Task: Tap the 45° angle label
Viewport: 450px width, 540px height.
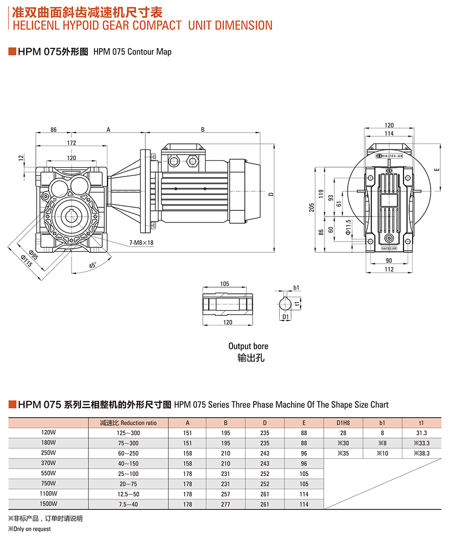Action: point(93,266)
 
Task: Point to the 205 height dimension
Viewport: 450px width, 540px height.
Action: point(311,207)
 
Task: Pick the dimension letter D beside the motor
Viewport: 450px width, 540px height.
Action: point(271,194)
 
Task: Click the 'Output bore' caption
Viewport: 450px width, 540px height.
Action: point(248,347)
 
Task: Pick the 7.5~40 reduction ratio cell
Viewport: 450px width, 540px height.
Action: point(128,504)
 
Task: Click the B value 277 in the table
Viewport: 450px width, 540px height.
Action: point(226,504)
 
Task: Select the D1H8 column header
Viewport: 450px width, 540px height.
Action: point(343,423)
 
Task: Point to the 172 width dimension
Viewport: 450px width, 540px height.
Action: point(72,143)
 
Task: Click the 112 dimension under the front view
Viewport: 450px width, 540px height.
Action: point(389,270)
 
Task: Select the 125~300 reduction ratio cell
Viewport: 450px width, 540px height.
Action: point(128,433)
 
